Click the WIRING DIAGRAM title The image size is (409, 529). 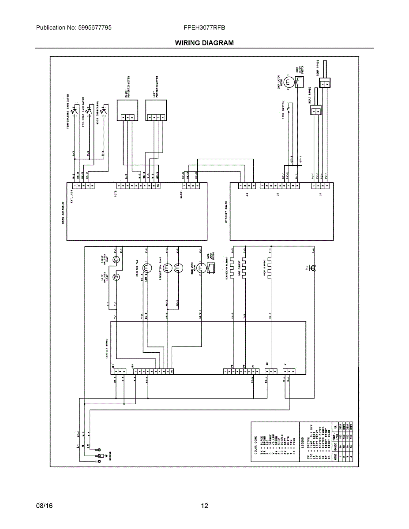pos(204,43)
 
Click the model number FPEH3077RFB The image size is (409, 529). pos(204,27)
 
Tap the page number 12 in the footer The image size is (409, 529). pos(204,506)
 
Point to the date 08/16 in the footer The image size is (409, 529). pos(44,506)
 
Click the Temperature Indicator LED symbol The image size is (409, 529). pos(75,112)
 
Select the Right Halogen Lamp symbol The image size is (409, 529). pos(116,260)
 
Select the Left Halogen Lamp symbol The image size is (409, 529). pos(116,277)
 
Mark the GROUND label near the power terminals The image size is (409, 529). pos(110,455)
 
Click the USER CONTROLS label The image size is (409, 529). pos(63,213)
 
